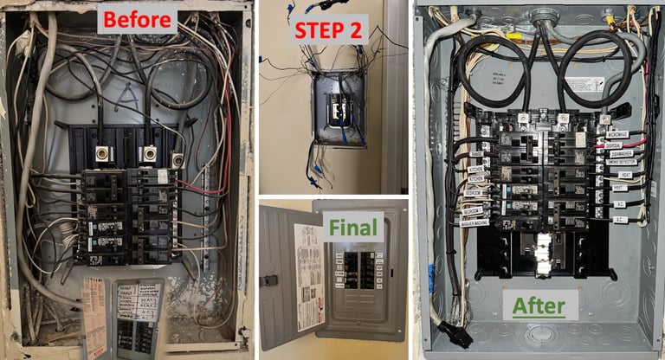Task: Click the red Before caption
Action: click(x=136, y=18)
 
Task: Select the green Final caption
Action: click(x=353, y=228)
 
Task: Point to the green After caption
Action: click(x=539, y=305)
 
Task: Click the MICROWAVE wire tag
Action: click(x=617, y=134)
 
